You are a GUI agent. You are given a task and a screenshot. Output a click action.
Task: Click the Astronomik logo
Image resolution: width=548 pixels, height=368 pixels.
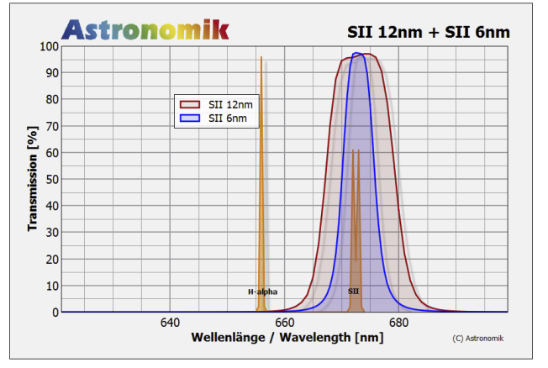(145, 29)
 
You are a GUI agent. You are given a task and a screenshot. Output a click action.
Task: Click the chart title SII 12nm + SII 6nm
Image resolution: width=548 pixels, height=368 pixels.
(429, 32)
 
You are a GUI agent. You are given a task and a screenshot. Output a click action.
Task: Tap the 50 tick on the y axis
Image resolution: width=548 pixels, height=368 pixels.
(51, 179)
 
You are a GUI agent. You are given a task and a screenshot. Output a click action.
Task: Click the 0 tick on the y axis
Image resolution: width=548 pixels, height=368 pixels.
(55, 312)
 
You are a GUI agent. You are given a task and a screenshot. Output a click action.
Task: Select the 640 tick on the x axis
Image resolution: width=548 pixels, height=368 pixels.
(170, 323)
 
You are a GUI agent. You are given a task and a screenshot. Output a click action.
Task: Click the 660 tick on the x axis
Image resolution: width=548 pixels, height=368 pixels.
(284, 323)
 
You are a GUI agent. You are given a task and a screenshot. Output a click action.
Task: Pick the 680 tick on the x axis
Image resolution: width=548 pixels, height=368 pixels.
(398, 323)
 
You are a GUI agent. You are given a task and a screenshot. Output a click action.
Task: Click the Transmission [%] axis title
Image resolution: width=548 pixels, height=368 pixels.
(33, 179)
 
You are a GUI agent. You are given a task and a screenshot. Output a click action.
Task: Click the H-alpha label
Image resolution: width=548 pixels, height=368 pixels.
(262, 292)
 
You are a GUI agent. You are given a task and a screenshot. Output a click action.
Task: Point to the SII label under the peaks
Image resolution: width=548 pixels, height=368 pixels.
(354, 292)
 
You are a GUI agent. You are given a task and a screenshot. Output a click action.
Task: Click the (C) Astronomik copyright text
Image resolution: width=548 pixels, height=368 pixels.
(483, 338)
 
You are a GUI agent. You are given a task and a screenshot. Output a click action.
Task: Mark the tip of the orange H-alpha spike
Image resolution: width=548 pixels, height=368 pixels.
(261, 57)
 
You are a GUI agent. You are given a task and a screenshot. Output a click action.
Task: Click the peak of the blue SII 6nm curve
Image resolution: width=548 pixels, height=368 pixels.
(358, 54)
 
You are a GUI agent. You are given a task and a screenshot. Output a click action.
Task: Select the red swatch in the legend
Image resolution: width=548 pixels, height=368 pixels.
(190, 104)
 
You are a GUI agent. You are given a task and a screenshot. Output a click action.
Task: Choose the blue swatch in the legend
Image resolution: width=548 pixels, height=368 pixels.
(190, 118)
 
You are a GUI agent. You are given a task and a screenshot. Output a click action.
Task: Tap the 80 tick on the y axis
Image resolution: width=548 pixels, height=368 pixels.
(51, 99)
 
